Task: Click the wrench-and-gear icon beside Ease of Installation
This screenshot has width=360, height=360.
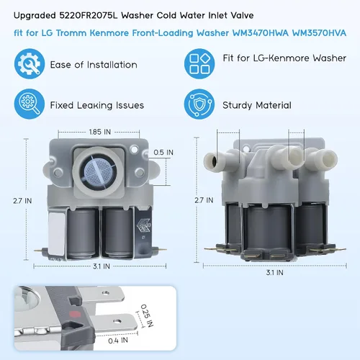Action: click(x=30, y=64)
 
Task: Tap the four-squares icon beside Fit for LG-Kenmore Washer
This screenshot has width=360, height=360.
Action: click(x=199, y=64)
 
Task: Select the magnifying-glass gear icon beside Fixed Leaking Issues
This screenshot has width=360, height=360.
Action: click(x=30, y=104)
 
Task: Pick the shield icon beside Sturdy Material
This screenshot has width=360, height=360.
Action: click(x=199, y=104)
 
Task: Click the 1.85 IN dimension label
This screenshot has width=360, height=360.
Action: click(x=100, y=132)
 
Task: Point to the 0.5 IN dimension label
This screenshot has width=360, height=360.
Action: click(x=163, y=153)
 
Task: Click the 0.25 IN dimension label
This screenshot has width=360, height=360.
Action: click(x=147, y=315)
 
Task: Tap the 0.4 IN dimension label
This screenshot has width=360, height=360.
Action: click(x=118, y=341)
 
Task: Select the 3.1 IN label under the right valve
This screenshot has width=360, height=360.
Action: click(x=274, y=273)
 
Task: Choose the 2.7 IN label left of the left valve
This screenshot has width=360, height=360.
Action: click(x=22, y=201)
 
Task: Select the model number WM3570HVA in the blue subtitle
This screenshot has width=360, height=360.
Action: click(x=319, y=33)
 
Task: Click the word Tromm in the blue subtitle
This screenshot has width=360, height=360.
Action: click(x=71, y=33)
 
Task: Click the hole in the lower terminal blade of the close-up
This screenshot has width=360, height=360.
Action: click(x=117, y=321)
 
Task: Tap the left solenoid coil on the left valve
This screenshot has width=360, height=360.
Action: click(x=82, y=233)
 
